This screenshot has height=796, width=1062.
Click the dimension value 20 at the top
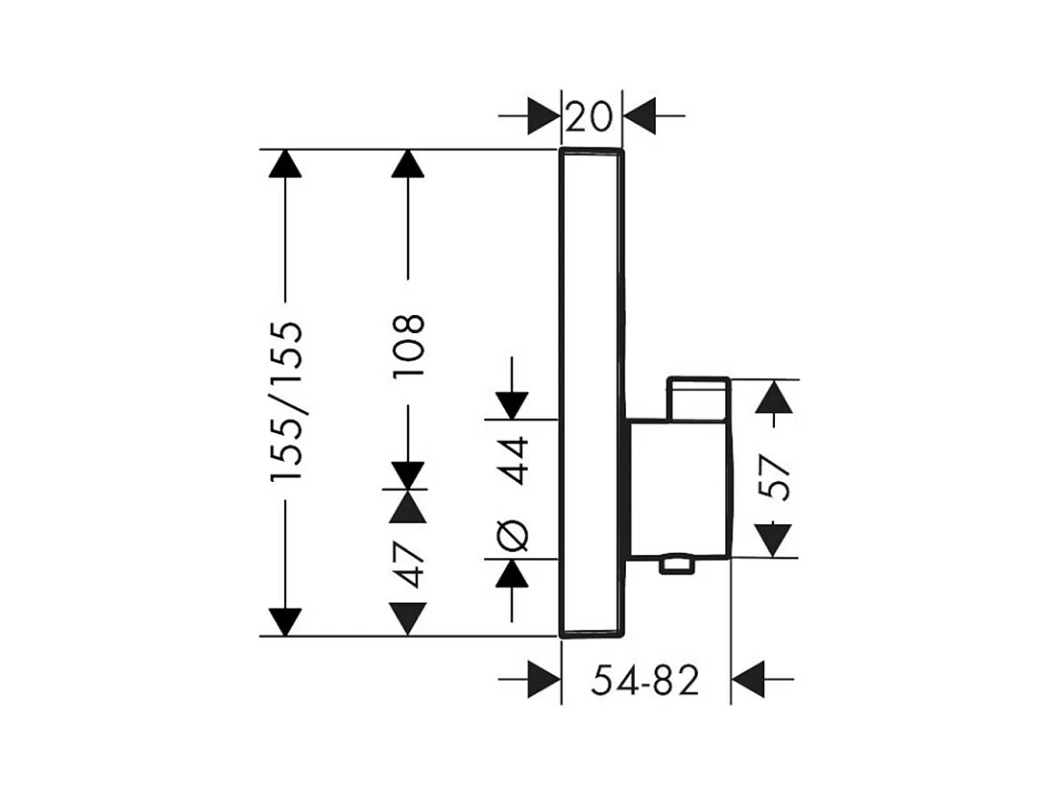tap(588, 116)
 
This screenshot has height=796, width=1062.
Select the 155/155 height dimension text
tap(286, 401)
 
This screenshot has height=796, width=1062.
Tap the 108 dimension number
tap(408, 346)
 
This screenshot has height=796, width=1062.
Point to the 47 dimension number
tap(409, 564)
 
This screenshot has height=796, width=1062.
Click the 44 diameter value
tap(513, 461)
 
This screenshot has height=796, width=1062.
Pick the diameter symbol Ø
tap(513, 535)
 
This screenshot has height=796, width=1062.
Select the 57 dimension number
tap(774, 477)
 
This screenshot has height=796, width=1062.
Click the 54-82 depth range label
tap(645, 680)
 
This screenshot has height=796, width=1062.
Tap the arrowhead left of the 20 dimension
tap(543, 116)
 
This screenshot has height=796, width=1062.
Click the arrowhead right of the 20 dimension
tap(640, 116)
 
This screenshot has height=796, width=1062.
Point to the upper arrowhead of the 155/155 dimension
tap(285, 163)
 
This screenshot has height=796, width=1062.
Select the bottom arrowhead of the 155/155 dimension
tap(285, 622)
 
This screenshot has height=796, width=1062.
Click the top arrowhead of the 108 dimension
tap(408, 163)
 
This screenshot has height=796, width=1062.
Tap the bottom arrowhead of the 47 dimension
tap(408, 619)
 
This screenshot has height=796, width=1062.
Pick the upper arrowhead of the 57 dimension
tap(774, 397)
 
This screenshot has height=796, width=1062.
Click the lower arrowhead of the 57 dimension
tap(774, 541)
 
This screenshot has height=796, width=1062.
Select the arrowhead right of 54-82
tap(748, 679)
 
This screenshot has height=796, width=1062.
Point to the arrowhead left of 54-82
tap(543, 679)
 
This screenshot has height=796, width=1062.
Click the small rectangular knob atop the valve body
tap(698, 399)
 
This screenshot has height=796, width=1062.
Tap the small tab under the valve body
tap(677, 565)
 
